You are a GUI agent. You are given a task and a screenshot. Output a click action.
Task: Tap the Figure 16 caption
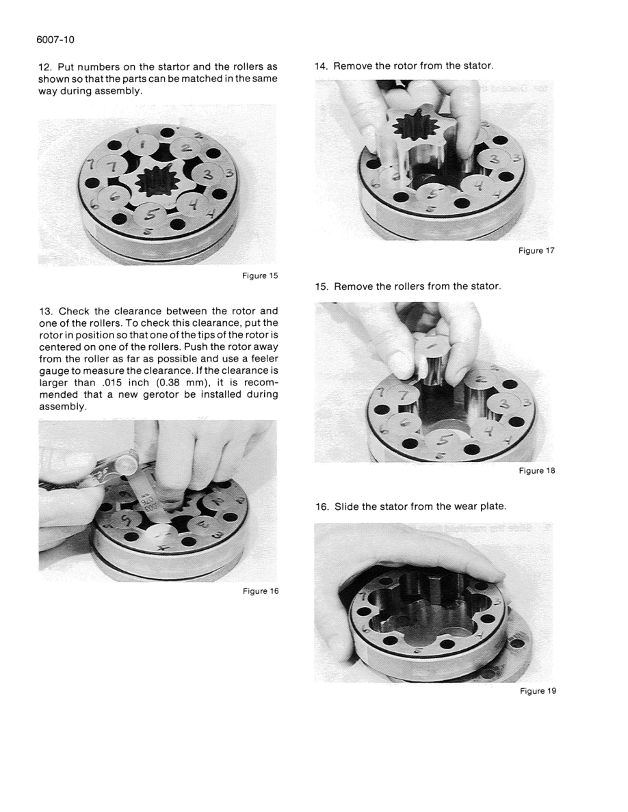coord(261,591)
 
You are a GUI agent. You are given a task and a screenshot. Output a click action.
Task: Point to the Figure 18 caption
coord(537,471)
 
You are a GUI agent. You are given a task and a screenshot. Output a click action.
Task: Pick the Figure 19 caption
coord(537,691)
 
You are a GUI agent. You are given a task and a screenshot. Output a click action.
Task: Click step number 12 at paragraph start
coord(44,67)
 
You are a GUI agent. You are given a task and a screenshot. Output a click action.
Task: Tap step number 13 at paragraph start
coord(44,312)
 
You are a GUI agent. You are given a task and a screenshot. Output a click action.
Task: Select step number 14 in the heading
coord(321,66)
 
